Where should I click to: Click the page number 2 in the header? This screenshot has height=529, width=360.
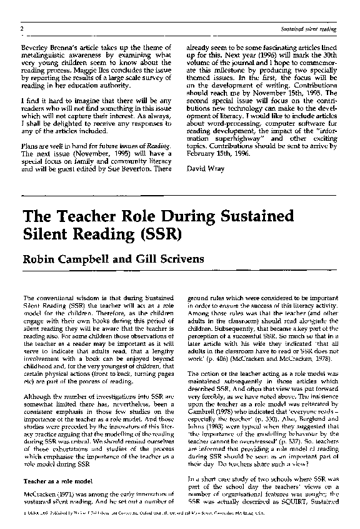click(22, 29)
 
